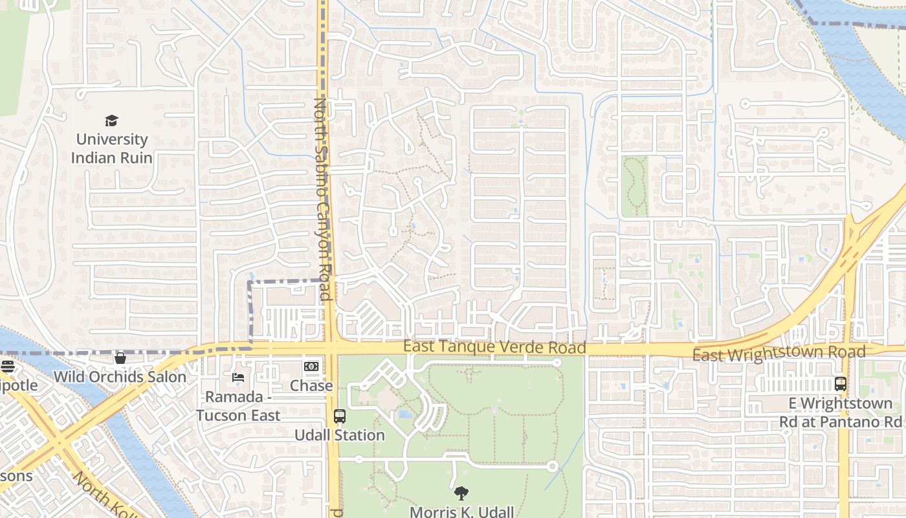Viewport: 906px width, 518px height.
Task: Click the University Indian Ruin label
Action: click(x=111, y=148)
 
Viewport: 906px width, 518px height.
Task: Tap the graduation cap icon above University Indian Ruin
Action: click(x=111, y=120)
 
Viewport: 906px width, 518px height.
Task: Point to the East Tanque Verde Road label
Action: click(x=494, y=347)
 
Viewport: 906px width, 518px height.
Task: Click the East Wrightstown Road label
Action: click(x=779, y=354)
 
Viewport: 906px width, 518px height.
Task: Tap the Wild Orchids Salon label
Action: click(x=120, y=377)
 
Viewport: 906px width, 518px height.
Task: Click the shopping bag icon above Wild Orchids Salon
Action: click(x=120, y=358)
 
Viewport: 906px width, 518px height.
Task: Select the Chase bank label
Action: click(x=311, y=386)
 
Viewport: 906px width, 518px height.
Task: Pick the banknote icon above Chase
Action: click(x=311, y=366)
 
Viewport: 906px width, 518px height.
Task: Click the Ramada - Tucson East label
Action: click(x=238, y=406)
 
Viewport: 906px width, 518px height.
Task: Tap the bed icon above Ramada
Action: click(x=238, y=377)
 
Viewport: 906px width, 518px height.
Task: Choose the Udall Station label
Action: click(x=340, y=435)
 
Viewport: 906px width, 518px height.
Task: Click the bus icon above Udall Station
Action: click(x=340, y=416)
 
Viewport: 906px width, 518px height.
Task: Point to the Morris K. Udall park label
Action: click(x=461, y=512)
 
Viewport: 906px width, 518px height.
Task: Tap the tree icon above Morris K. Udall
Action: click(x=461, y=493)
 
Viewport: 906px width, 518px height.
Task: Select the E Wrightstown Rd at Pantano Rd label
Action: click(x=839, y=412)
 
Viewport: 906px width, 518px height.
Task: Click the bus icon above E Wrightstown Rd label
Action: click(x=841, y=383)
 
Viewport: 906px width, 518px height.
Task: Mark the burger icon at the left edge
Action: click(x=7, y=366)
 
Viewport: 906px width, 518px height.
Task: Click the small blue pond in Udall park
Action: click(x=404, y=414)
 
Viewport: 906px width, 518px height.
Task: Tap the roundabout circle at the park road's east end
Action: click(x=552, y=466)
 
